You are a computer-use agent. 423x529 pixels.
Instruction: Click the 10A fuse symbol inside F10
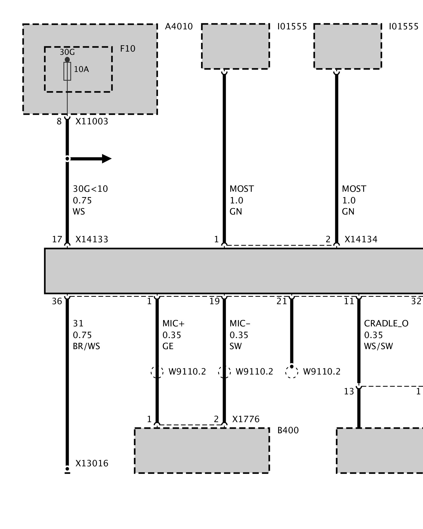coord(67,71)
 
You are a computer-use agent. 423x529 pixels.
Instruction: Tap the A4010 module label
coord(179,27)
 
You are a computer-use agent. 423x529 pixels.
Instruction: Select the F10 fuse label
coord(127,49)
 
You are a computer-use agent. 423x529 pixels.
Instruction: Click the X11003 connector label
coord(92,122)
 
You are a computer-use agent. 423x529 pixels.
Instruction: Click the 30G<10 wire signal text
coord(90,189)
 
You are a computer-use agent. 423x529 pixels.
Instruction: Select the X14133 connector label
coord(92,240)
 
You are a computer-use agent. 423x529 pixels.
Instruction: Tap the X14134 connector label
coord(361,240)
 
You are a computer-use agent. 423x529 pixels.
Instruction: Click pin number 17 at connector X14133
coord(57,240)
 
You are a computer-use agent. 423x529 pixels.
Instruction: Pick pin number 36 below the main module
coord(57,301)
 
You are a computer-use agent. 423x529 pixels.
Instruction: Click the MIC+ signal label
coord(173,323)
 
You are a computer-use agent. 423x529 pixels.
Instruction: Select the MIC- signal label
coord(240,323)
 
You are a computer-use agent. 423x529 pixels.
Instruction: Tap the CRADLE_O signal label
coord(386,323)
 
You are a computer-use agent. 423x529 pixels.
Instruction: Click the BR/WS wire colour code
coord(86,346)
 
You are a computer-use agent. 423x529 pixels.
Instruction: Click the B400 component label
coord(288,430)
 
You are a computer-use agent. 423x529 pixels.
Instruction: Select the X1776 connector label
coord(246,419)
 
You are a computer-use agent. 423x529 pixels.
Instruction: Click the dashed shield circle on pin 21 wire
coord(292,372)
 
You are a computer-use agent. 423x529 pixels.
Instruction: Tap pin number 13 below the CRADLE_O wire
coord(349,391)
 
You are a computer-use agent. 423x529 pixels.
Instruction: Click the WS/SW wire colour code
coord(378,346)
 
